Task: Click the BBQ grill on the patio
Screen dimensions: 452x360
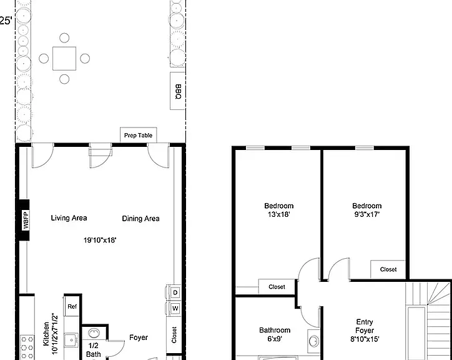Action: point(177,91)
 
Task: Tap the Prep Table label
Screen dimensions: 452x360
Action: point(138,136)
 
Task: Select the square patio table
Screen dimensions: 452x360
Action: point(64,58)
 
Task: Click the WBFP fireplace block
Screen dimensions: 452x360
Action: point(24,220)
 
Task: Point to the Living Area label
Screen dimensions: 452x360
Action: point(69,218)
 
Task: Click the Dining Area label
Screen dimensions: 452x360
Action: point(140,219)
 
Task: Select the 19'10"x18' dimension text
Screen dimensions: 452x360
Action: point(100,240)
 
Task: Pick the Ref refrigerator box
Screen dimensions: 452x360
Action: point(72,306)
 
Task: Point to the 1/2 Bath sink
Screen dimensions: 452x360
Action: point(94,333)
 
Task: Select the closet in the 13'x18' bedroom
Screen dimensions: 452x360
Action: point(277,287)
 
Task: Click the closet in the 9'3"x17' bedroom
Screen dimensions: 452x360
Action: point(388,269)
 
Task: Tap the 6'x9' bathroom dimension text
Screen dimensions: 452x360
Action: point(275,339)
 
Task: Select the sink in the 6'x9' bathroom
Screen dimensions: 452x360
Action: point(313,341)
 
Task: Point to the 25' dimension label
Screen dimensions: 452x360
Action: point(6,21)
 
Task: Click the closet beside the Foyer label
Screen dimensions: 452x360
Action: point(174,335)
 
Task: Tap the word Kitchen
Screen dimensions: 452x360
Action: point(46,334)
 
